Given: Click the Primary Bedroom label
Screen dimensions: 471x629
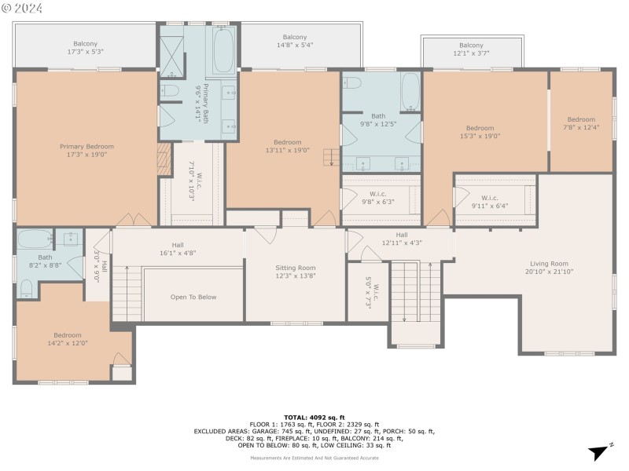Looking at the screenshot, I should click(86, 151).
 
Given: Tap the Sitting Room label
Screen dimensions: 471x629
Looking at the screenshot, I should click(295, 272).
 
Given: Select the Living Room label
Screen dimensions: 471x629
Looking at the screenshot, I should click(548, 268).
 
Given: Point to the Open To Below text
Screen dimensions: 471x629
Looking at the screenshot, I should click(193, 297).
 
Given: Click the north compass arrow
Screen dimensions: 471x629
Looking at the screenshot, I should click(599, 451).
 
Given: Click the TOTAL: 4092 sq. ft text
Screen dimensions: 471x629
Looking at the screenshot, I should click(314, 417).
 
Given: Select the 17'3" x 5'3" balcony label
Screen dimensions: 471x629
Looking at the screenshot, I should click(86, 47).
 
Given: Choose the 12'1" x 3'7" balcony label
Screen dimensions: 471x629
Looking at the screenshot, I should click(471, 49).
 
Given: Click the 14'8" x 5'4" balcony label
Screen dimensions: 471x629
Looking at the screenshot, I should click(294, 41).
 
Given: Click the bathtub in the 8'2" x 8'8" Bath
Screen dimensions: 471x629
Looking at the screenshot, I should click(34, 239).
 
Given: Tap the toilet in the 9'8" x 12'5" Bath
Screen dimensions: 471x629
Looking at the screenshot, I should click(352, 83).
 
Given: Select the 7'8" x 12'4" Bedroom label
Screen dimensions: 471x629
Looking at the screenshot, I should click(581, 123).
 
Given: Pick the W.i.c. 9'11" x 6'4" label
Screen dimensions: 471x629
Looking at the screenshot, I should click(489, 202).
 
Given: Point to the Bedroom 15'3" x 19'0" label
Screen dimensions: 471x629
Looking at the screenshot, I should click(480, 132).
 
